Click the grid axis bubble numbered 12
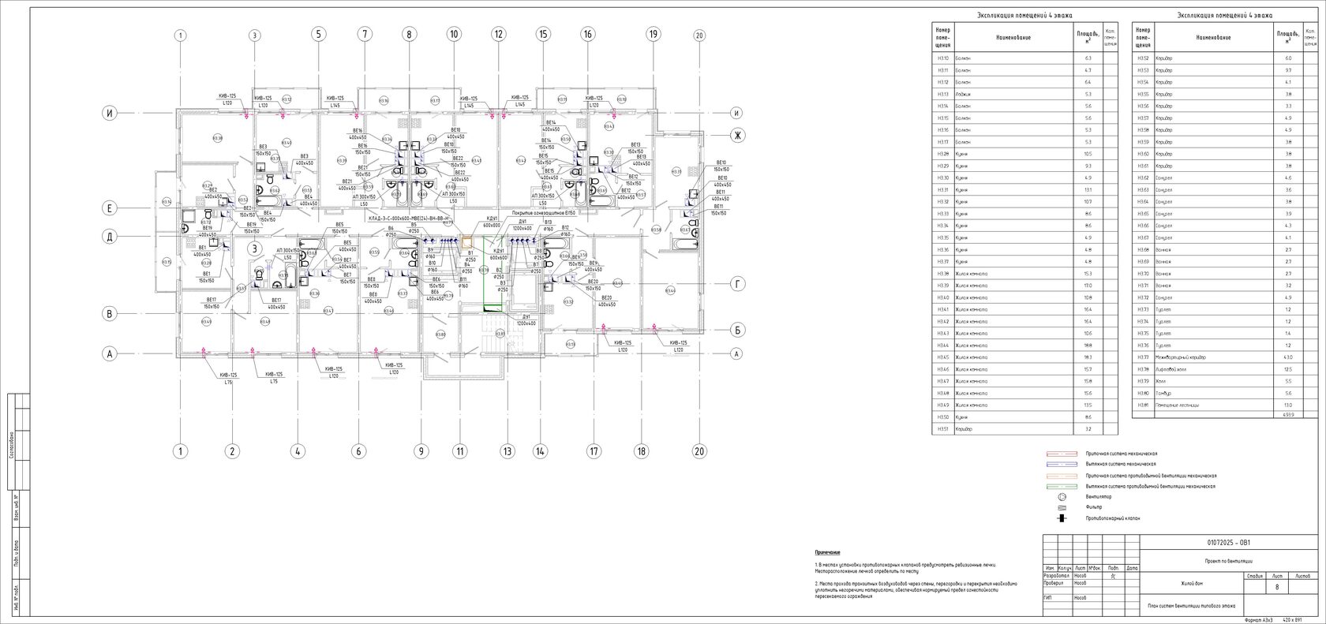(498, 35)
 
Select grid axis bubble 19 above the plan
(653, 35)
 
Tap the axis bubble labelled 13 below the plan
(507, 452)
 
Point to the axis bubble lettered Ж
(737, 136)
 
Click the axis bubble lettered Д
(110, 237)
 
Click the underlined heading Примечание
(828, 553)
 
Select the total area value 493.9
(1288, 414)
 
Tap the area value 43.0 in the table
(1288, 357)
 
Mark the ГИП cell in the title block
(1047, 597)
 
